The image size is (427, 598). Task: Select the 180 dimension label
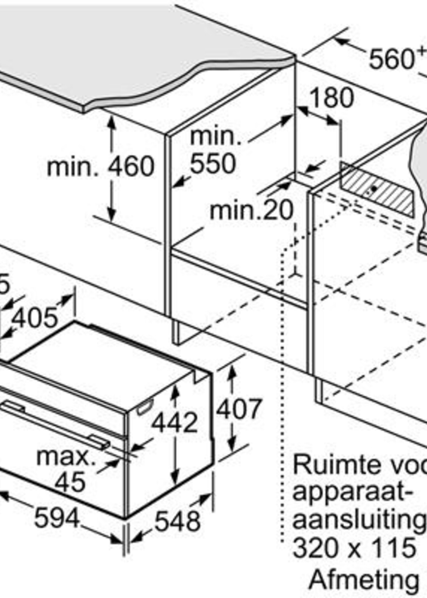[x=332, y=98]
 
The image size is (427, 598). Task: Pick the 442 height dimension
[x=174, y=422]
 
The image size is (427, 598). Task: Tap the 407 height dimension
[x=239, y=409]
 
